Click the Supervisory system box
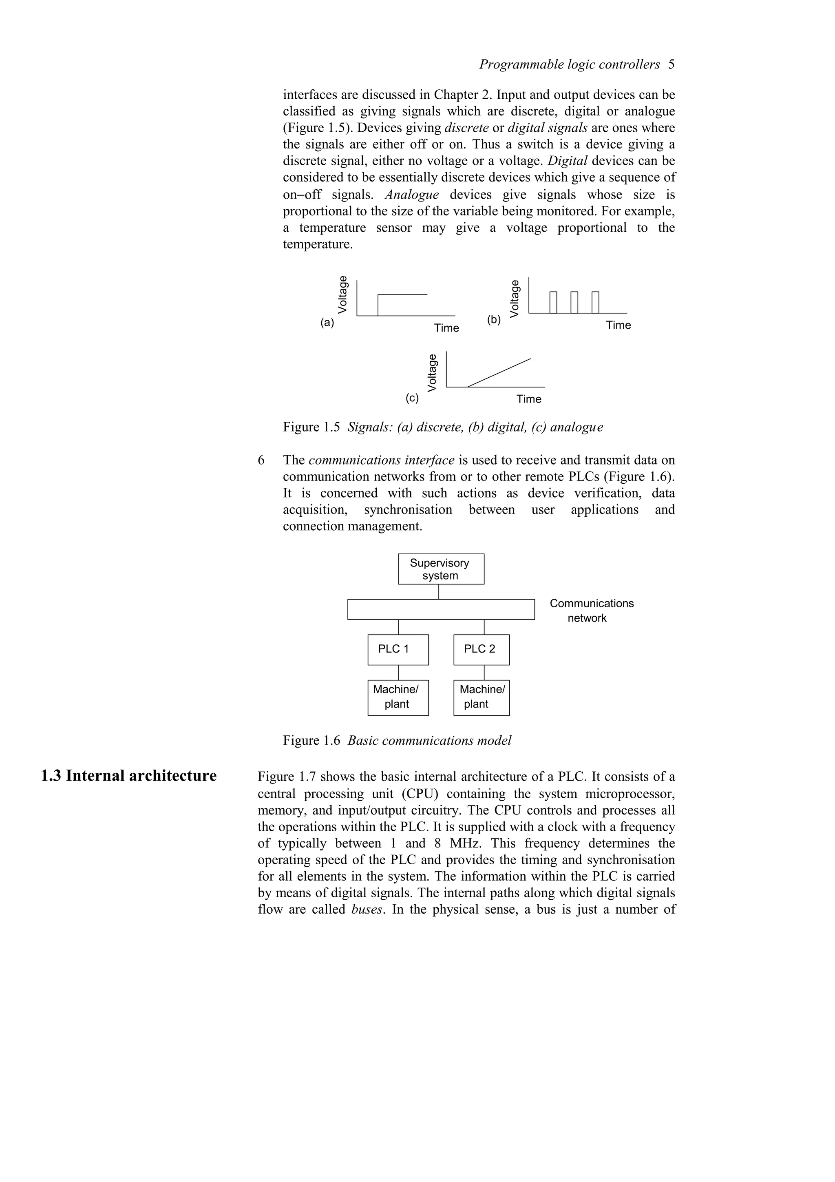tap(440, 569)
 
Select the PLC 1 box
tap(398, 649)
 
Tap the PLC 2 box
tap(481, 649)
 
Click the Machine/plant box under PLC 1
tap(398, 697)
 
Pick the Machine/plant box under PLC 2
tap(481, 697)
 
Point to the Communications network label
tap(591, 611)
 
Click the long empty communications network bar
tap(440, 609)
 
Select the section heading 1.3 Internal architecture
tap(128, 775)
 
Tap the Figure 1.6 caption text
tap(397, 740)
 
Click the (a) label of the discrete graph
tap(327, 323)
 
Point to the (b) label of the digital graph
tap(494, 320)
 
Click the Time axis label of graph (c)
tap(528, 399)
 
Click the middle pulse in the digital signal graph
tap(574, 302)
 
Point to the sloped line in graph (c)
tap(499, 372)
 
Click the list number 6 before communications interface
tap(261, 460)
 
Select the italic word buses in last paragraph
tap(367, 909)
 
